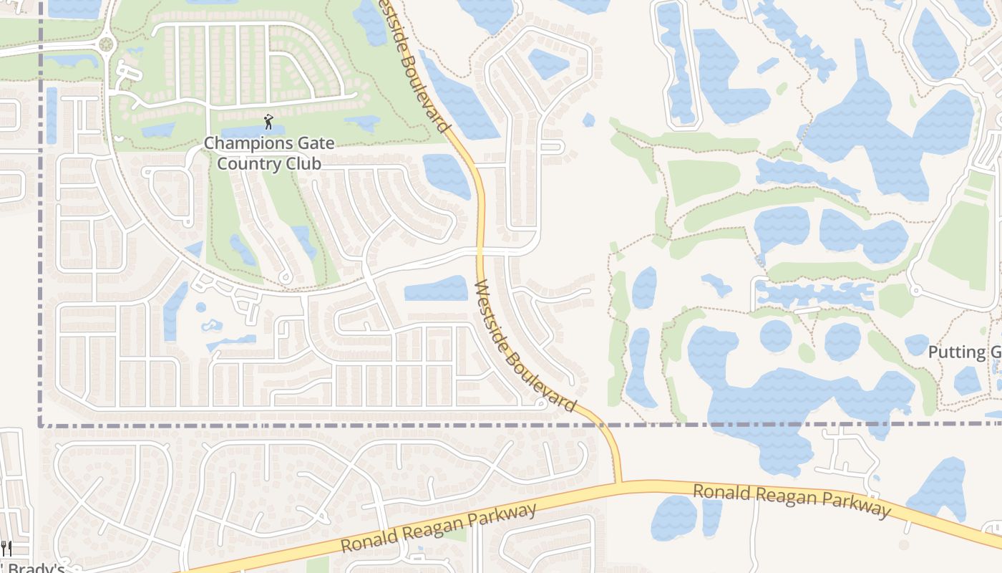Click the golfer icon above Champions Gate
268,121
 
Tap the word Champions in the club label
242,143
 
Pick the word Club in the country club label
301,163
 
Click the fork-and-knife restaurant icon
6,549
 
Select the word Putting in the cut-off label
956,352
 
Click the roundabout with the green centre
107,44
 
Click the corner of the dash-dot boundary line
40,425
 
